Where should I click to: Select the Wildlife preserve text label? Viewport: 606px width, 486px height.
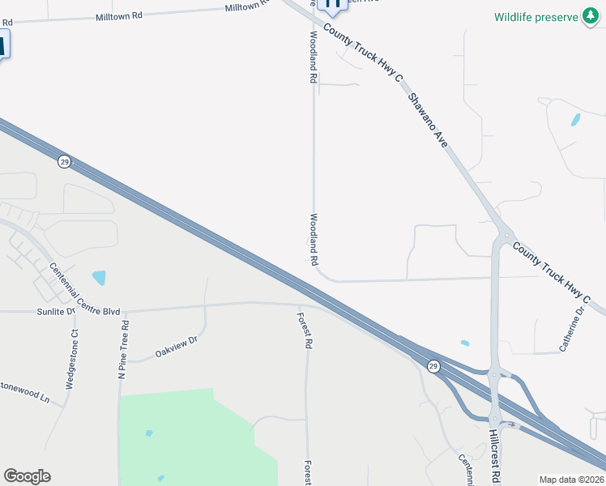coord(536,17)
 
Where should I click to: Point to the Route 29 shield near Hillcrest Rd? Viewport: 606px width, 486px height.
coord(434,367)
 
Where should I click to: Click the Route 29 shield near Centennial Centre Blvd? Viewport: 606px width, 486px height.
coord(64,161)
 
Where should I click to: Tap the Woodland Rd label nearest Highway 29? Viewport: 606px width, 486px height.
coord(313,240)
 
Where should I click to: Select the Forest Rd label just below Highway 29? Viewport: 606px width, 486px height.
coord(305,330)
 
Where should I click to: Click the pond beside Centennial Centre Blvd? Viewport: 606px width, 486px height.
coord(99,278)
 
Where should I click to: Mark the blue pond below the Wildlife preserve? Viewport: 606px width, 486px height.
coord(575,119)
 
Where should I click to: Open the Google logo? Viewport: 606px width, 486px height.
coord(27,476)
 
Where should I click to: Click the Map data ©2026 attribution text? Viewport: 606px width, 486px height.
coord(571,480)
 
